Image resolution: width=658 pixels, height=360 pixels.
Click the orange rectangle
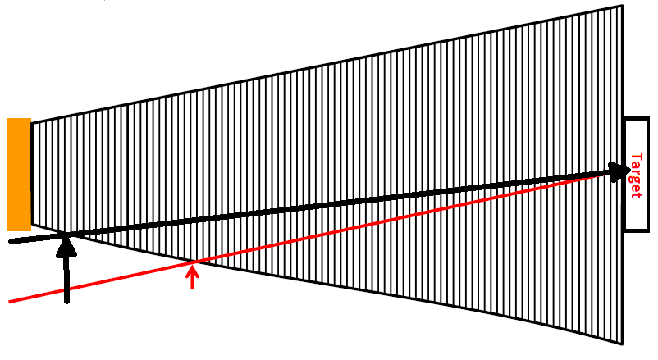(19, 175)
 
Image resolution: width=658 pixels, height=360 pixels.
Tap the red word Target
(636, 175)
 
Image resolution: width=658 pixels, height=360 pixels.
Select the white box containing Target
(637, 175)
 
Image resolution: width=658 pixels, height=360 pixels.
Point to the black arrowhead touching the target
(621, 172)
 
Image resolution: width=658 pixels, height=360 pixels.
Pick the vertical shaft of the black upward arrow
(66, 279)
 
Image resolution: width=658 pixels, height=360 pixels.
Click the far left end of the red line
(9, 301)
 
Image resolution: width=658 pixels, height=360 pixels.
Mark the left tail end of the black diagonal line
(11, 241)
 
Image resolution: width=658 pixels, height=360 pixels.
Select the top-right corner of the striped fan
(622, 6)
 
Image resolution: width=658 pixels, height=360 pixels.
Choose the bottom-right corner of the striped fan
(622, 344)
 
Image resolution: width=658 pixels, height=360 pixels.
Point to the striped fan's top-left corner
(31, 123)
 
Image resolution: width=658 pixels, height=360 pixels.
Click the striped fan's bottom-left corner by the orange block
(31, 225)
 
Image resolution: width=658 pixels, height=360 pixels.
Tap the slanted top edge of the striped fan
(327, 64)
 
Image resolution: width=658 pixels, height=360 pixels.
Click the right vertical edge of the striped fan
(622, 175)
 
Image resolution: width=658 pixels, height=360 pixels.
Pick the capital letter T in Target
(637, 157)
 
